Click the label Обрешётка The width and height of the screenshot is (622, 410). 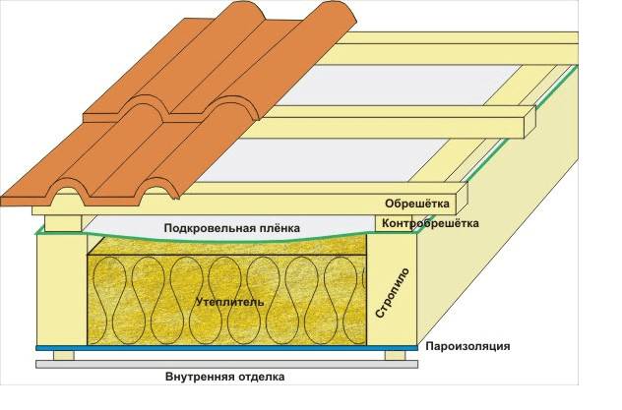point(416,205)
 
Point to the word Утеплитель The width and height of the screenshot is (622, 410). point(230,303)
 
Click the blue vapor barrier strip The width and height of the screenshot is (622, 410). point(197,349)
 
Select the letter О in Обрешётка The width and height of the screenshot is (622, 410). point(387,205)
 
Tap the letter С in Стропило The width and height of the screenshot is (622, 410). point(386,319)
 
